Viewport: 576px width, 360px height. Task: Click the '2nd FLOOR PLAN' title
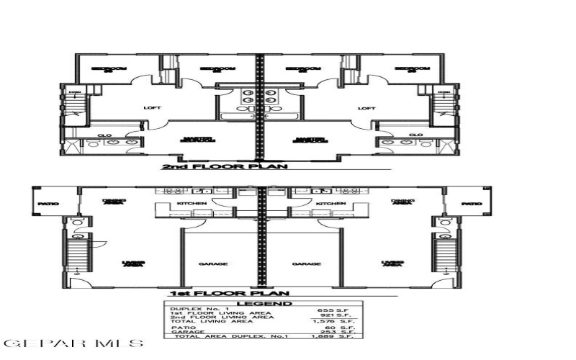[x=224, y=166]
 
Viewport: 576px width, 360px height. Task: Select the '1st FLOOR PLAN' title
[x=228, y=293]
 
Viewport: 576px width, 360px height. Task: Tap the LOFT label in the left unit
[x=152, y=108]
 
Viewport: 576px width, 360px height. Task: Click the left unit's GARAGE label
[x=213, y=264]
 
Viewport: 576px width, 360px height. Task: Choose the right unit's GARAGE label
[x=306, y=264]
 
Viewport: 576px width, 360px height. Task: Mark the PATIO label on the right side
[x=472, y=204]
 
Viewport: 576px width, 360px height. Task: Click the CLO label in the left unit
[x=104, y=135]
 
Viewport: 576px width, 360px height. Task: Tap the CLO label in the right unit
[x=415, y=135]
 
